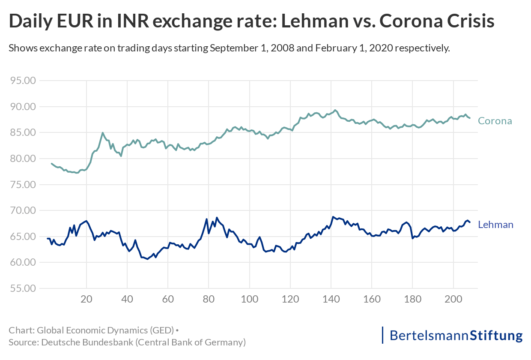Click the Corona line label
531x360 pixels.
[x=495, y=121]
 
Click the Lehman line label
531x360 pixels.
[x=495, y=225]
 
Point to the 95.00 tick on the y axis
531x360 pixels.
[x=23, y=81]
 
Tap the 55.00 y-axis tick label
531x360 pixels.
[x=23, y=288]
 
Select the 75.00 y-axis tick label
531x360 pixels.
[x=23, y=185]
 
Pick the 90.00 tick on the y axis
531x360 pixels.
[x=23, y=107]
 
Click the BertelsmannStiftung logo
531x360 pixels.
[x=452, y=335]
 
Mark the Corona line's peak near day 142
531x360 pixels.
[x=335, y=110]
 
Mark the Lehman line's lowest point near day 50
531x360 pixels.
[x=147, y=259]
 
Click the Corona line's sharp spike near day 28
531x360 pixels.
[x=103, y=133]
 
